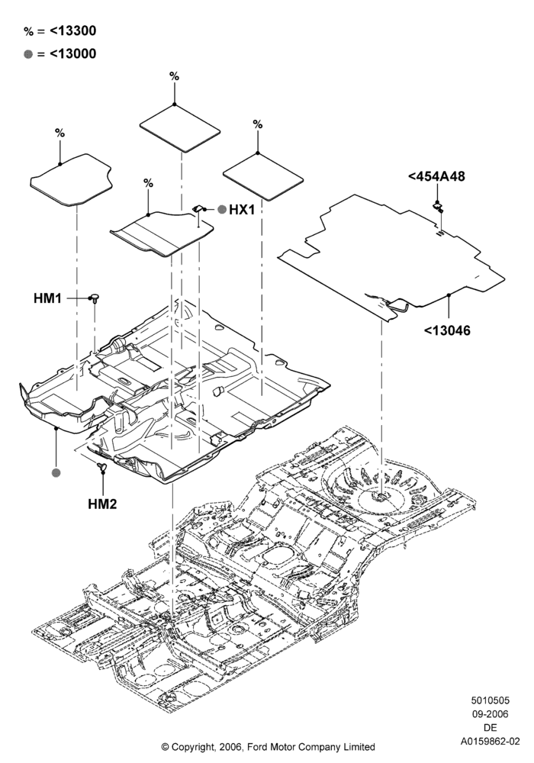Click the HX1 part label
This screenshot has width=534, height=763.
tap(241, 210)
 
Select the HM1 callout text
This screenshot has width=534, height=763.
tap(47, 298)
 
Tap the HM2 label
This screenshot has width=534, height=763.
tap(103, 504)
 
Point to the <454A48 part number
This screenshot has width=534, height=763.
tap(436, 176)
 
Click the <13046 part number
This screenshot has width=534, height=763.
tap(447, 331)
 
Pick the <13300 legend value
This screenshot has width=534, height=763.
tap(73, 31)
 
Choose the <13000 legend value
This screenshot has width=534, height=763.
tap(73, 53)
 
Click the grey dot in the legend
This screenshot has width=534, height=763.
tap(28, 54)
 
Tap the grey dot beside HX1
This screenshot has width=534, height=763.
tap(222, 210)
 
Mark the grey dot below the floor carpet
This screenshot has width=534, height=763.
tap(56, 472)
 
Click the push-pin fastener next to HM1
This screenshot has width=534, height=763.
tap(95, 298)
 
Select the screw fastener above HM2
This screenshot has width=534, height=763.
tap(102, 466)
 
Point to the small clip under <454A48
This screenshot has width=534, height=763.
tap(438, 208)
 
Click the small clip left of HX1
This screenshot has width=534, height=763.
tap(198, 208)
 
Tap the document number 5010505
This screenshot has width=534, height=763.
tap(491, 700)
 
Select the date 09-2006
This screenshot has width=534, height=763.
tap(491, 714)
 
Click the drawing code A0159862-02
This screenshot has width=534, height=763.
tap(491, 742)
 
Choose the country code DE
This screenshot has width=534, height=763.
tap(491, 728)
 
